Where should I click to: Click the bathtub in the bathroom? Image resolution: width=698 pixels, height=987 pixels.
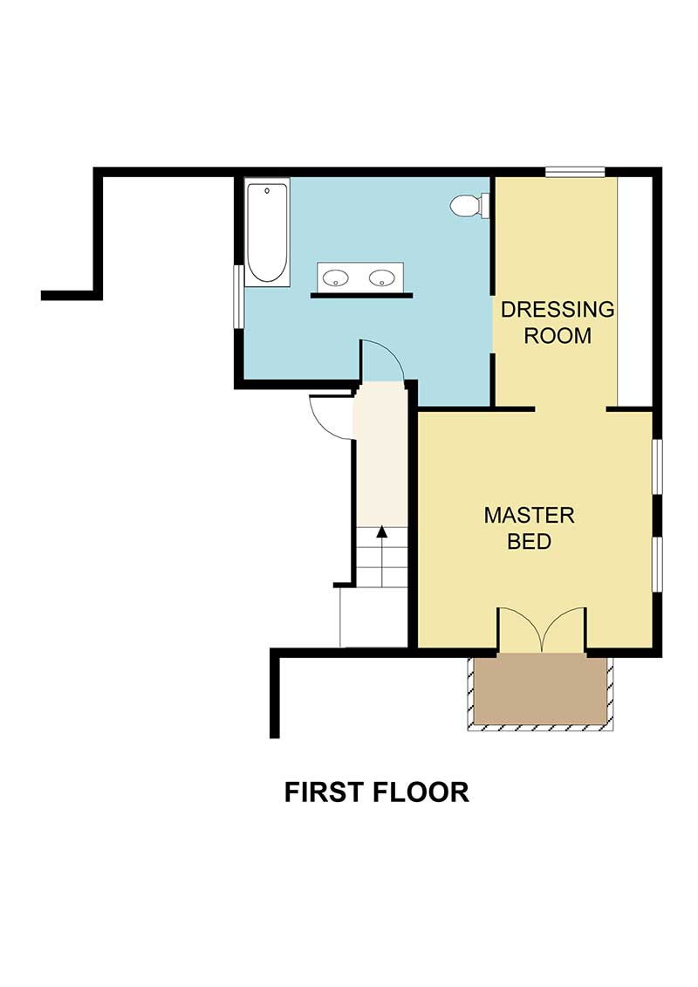(x=267, y=232)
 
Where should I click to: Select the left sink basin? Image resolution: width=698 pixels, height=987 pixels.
(x=336, y=278)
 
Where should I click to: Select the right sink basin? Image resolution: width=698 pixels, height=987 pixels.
(x=381, y=278)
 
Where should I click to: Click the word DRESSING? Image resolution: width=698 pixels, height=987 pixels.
(x=558, y=309)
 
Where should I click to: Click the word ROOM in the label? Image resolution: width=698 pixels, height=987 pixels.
(x=558, y=335)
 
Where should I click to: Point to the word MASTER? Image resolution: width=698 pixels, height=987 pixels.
(x=529, y=515)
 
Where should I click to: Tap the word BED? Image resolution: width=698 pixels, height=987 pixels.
(x=529, y=541)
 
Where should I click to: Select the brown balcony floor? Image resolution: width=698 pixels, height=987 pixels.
(x=540, y=689)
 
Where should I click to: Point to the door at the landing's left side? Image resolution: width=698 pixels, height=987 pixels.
(x=330, y=415)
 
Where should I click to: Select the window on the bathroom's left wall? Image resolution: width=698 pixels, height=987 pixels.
(x=238, y=296)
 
